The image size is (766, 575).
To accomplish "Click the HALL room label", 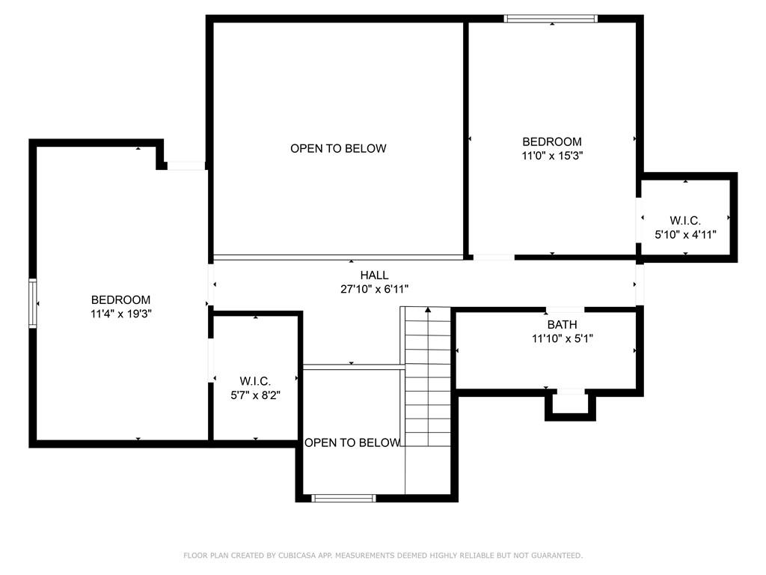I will click(374, 276).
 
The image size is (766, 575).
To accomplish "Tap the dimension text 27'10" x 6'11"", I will click(374, 288).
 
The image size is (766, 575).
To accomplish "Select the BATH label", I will click(562, 325).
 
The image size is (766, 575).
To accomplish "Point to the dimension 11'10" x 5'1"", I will click(562, 338).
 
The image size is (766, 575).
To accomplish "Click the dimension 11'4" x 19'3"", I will click(120, 314).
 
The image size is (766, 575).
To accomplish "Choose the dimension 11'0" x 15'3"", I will click(551, 156).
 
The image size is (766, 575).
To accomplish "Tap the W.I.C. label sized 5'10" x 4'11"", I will click(685, 221).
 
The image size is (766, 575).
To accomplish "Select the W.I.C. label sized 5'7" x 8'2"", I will click(255, 381).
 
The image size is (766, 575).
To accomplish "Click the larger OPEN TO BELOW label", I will click(338, 148).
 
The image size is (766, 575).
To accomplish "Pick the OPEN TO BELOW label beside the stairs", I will click(352, 442).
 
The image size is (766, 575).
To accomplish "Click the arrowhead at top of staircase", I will click(428, 308).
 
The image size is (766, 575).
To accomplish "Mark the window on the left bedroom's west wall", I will click(32, 303).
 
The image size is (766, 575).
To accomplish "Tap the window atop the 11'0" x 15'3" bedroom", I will click(551, 19).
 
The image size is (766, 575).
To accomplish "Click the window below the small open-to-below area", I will click(343, 498).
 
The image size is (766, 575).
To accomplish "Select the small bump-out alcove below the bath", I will click(570, 404).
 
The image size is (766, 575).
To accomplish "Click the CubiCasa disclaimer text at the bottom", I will click(383, 556).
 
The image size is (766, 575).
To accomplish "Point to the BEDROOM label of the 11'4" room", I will click(120, 300).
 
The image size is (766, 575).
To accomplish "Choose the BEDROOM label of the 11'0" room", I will click(551, 142).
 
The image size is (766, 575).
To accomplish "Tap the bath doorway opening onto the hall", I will click(566, 309).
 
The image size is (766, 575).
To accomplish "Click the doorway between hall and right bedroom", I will click(494, 258).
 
